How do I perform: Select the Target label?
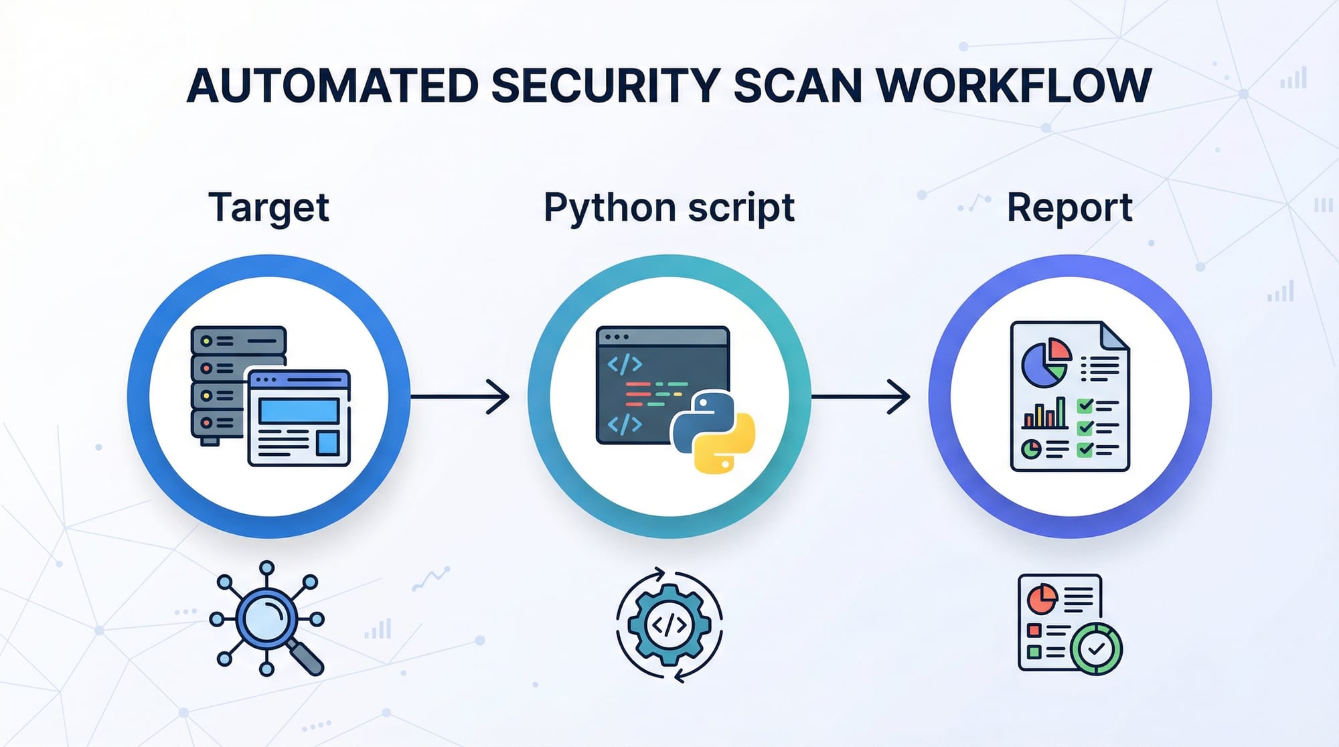268,207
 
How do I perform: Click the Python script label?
669,207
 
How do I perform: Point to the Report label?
1069,207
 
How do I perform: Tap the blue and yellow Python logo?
712,432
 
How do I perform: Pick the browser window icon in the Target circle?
299,418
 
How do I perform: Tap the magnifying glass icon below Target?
267,618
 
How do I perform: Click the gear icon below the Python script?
669,625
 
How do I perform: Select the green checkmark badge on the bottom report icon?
1096,648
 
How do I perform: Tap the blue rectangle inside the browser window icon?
298,410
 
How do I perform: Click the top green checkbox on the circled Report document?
1085,406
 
